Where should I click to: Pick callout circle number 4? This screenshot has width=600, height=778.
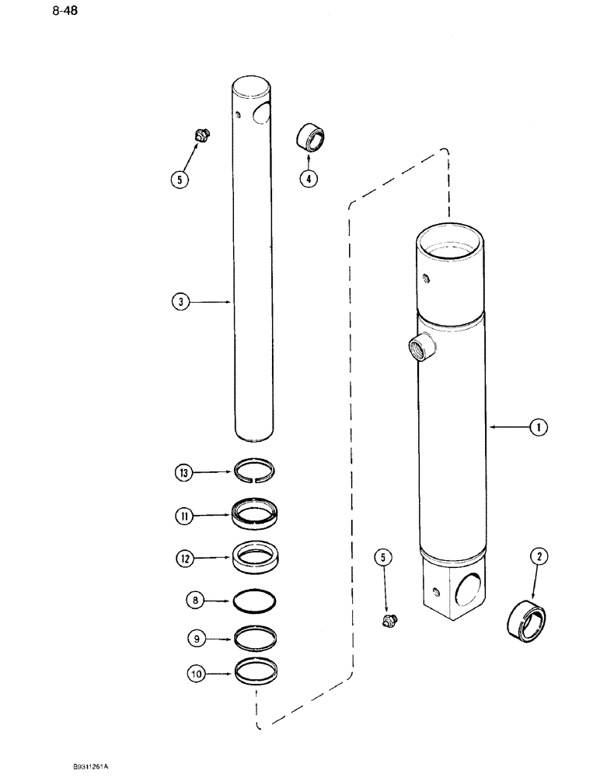pos(309,178)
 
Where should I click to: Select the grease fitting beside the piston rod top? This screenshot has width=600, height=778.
pos(202,138)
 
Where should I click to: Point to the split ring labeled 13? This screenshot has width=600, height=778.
pos(255,472)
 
